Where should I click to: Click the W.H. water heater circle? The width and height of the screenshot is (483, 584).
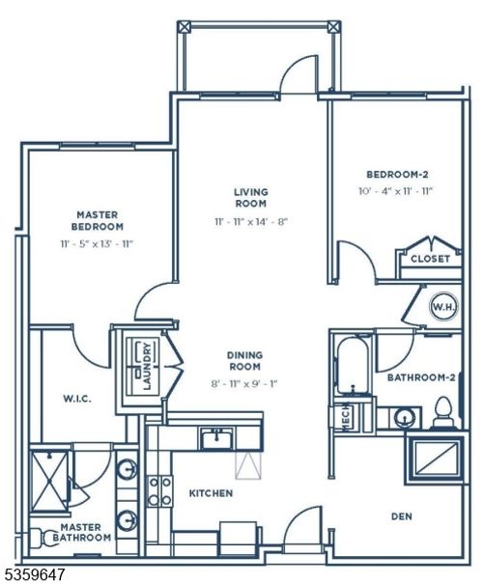[x=443, y=307]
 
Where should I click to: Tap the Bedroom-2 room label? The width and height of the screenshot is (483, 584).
[x=397, y=175]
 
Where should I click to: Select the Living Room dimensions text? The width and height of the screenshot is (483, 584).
[x=251, y=222]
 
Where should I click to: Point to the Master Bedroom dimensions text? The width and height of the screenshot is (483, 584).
[x=97, y=244]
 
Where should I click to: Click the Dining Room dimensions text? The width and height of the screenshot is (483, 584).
[x=244, y=383]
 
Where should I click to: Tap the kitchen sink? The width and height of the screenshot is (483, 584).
[x=217, y=438]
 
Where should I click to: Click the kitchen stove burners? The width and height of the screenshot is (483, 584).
[x=160, y=491]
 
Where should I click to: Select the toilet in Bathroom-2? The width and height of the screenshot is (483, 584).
[x=443, y=413]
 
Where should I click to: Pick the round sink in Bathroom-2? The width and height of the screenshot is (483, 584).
[x=403, y=418]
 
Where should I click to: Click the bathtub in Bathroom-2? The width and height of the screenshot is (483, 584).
[x=353, y=366]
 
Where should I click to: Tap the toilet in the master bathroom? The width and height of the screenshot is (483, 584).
[x=42, y=537]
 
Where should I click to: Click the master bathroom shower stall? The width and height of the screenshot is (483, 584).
[x=49, y=481]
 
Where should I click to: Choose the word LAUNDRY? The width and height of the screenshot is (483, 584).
[x=148, y=366]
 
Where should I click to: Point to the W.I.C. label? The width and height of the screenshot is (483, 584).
[x=76, y=399]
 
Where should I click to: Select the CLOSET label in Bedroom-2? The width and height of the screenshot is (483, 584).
[x=430, y=259]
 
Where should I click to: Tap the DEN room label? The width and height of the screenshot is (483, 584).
[x=402, y=516]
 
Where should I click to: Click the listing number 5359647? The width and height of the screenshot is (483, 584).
[x=33, y=573]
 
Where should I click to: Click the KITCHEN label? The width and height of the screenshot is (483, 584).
[x=211, y=493]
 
